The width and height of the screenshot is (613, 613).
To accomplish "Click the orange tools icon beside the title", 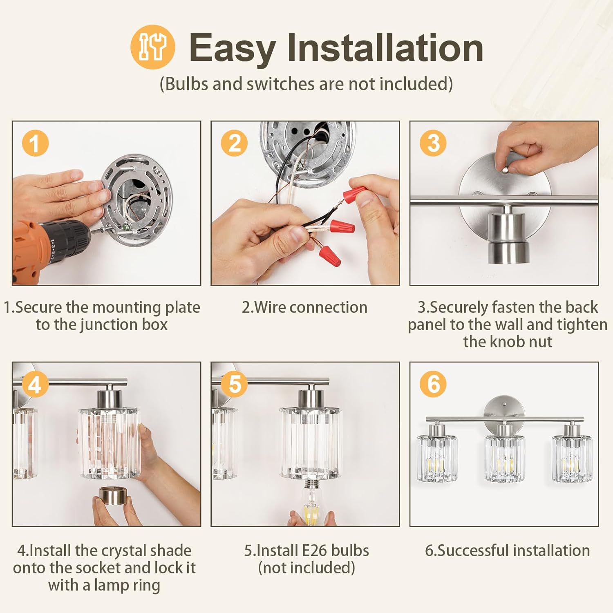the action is pos(153,47).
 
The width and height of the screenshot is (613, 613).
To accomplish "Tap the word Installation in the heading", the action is pos(385,48).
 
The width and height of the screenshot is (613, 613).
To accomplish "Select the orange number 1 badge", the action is pos(35,143).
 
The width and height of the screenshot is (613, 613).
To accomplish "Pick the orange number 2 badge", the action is pos(234,143).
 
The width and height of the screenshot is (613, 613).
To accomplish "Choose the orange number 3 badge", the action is pos(433,143).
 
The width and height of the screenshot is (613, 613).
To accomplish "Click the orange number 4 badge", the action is pos(35,384).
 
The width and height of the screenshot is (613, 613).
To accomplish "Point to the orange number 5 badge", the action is pos(234,384).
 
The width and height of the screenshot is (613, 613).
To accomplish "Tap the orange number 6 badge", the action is pos(433,384).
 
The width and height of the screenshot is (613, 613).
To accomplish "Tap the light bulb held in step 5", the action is pos(313,502).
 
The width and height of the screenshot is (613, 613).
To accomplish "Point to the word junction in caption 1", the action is pos(109,324).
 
